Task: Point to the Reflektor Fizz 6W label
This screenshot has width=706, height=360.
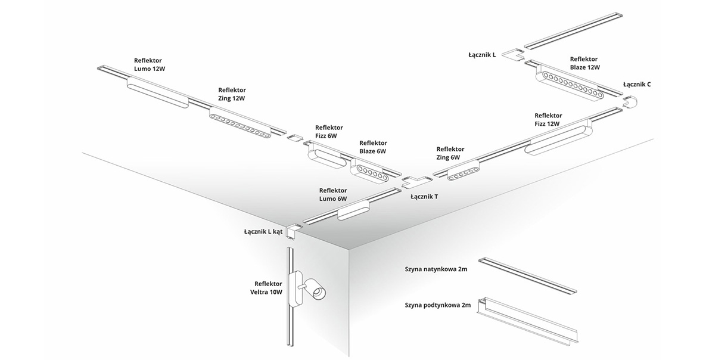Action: pyautogui.click(x=329, y=131)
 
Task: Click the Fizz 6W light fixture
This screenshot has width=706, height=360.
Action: pyautogui.click(x=325, y=157)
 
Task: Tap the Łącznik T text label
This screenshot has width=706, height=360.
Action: pyautogui.click(x=424, y=196)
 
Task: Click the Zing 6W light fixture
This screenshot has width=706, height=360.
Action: pyautogui.click(x=462, y=170)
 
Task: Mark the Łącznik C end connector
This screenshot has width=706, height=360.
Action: pyautogui.click(x=630, y=102)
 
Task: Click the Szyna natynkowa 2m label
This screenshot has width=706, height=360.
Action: pyautogui.click(x=436, y=269)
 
